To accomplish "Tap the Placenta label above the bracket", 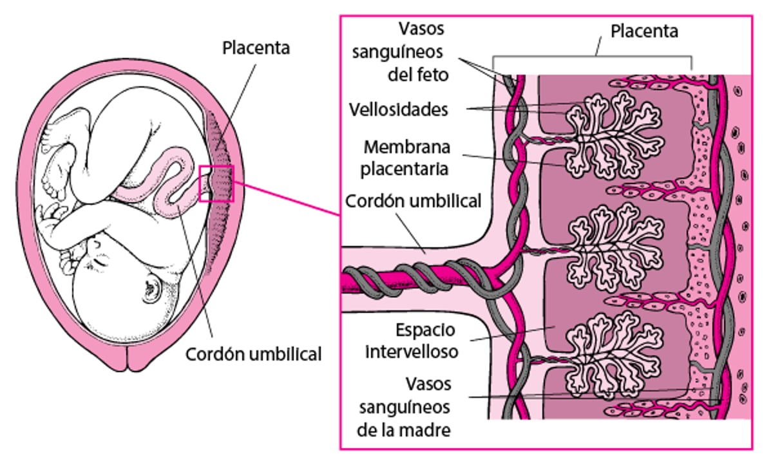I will point(644,31).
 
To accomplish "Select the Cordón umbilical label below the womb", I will point(253,353).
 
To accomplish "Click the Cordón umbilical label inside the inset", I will point(413,201).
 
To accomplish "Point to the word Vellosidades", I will point(398,109).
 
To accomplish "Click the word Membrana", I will point(406,147).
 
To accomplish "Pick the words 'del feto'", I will point(418,75).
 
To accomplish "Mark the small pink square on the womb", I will point(216,183).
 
